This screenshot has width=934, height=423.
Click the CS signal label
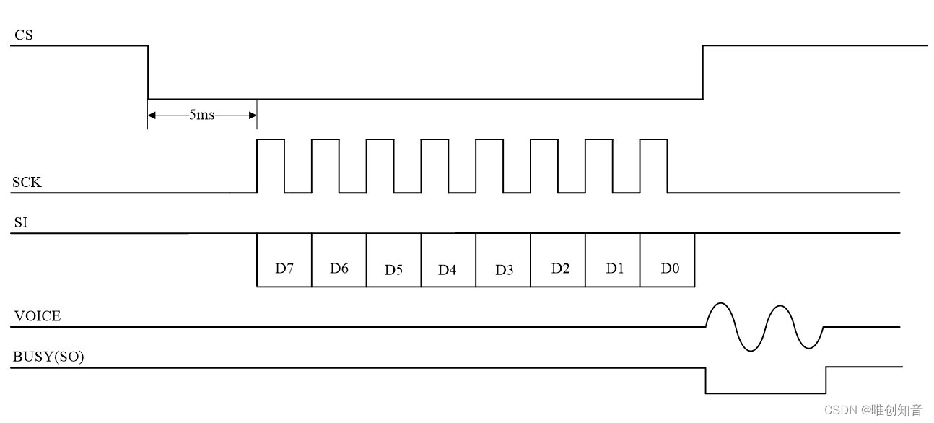coord(23,34)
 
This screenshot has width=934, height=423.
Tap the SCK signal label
coord(27,183)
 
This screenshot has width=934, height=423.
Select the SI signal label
coord(21,222)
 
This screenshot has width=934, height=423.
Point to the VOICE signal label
coord(36,315)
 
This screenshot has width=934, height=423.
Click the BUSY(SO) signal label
coord(48,356)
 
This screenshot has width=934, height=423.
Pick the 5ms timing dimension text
coord(202,115)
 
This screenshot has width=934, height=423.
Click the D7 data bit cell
coord(284,268)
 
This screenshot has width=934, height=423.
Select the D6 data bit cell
coord(339,268)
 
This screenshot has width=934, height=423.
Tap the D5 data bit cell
coord(393,270)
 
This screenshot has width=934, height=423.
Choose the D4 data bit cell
coord(448,270)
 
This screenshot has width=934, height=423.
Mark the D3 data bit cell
coord(504,270)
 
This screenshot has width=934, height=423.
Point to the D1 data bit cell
coord(614,268)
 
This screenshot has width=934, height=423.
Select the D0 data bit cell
coord(670,268)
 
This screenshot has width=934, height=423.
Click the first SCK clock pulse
coord(271,165)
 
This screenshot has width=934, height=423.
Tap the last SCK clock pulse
coord(654,165)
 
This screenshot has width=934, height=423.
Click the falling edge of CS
coord(148,72)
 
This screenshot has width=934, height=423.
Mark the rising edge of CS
coord(704,72)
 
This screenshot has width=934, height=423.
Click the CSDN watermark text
coord(873,410)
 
